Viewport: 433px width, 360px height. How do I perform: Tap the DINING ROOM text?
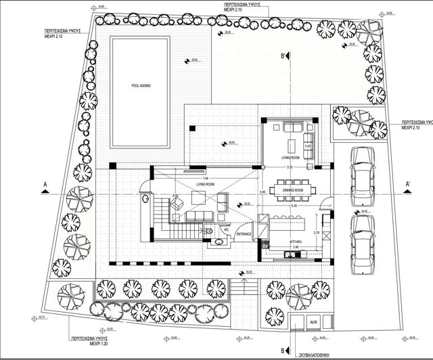(292, 191)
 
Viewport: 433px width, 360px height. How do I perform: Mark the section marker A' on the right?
(408, 184)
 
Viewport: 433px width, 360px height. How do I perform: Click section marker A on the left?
(44, 184)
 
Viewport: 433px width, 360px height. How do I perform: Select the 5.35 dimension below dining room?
(294, 205)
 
